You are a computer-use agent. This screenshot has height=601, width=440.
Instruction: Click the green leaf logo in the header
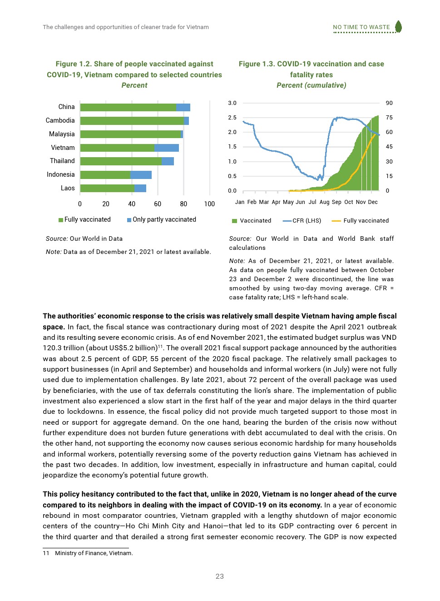click(398, 26)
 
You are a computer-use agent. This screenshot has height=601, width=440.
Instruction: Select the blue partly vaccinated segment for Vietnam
click(167, 148)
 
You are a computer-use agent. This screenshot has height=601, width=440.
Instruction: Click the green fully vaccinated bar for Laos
click(107, 188)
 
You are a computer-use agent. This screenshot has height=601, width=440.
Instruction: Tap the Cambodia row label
click(60, 120)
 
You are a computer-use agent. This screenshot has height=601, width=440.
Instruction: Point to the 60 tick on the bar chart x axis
click(158, 204)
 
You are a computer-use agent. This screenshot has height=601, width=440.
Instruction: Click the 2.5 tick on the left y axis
click(232, 118)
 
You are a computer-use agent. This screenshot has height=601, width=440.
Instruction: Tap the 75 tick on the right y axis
click(389, 118)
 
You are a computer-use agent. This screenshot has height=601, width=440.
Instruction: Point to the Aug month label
click(324, 202)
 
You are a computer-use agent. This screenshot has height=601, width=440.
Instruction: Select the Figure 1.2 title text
click(134, 69)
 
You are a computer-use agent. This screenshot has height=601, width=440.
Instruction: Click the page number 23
click(220, 576)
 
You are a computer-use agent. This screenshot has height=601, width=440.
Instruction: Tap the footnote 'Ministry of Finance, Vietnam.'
click(94, 553)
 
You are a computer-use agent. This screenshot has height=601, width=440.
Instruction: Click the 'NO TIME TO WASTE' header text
click(361, 27)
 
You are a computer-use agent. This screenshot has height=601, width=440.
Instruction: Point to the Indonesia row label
click(60, 174)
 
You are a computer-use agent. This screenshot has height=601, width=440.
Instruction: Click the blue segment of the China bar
click(183, 107)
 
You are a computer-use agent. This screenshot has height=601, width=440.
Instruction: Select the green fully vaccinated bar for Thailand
click(121, 161)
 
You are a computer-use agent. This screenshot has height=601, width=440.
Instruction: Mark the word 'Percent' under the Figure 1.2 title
click(134, 85)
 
